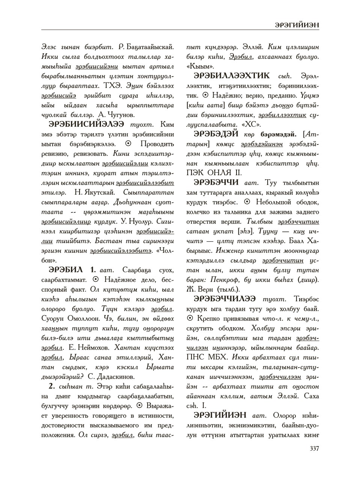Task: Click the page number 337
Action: [313, 448]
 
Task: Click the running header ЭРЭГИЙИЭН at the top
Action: [297, 25]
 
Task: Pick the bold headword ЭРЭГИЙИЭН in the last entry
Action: [220, 415]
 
